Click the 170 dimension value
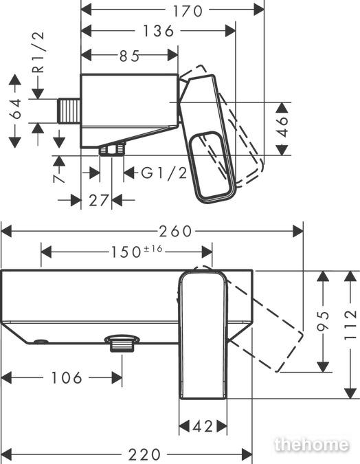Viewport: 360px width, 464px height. coord(188,11)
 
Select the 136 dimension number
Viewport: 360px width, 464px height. coord(158,31)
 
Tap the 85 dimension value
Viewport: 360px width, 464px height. coord(129,56)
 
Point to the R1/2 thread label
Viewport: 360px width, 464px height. coord(38,52)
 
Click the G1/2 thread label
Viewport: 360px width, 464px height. coord(164,173)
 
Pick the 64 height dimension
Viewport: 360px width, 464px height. coord(15,109)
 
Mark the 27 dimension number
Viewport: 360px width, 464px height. coord(99,201)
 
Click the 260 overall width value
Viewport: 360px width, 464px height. coord(175,232)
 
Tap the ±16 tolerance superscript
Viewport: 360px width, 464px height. coord(153,249)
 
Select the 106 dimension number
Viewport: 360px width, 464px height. coord(66,378)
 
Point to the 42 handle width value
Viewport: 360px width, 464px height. coord(203,426)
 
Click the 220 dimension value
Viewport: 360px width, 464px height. coord(145,454)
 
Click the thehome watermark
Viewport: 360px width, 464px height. coord(311,444)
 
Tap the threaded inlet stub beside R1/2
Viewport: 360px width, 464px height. coord(69,111)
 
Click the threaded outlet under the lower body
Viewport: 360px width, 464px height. coord(122,343)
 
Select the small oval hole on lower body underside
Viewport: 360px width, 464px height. coord(41,342)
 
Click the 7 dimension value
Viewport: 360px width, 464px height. coord(59,179)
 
